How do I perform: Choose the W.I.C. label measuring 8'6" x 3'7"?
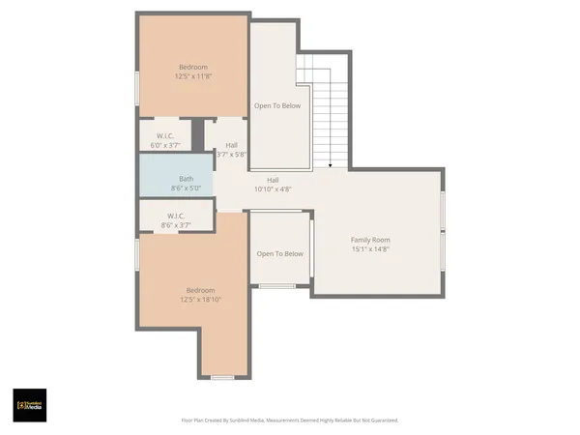[176, 216]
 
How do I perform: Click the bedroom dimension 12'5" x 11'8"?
[191, 75]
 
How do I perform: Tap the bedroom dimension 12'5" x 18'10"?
[200, 300]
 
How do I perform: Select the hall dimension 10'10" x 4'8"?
[274, 189]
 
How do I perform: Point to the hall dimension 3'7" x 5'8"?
[232, 154]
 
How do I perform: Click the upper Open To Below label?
[277, 105]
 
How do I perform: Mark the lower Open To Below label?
[279, 253]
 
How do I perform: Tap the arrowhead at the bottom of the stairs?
[331, 167]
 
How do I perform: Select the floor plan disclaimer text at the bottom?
[289, 420]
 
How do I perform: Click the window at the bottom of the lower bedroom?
[223, 377]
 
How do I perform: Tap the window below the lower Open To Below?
[277, 286]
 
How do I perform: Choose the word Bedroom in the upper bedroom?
[191, 67]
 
